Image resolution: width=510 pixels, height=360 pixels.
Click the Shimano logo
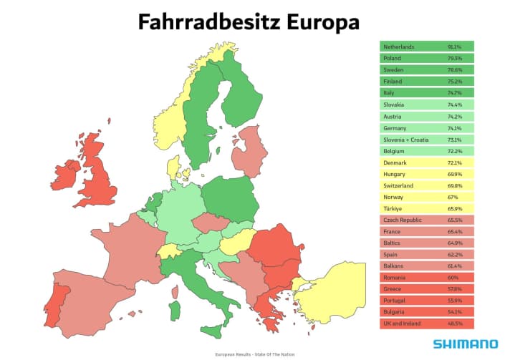466,344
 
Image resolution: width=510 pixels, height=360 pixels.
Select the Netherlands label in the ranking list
399,47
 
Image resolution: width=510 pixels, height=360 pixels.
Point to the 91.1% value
454,47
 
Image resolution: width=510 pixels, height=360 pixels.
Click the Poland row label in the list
393,58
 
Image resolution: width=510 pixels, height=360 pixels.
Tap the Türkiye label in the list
393,208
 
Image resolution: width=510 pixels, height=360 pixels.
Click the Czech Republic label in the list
402,220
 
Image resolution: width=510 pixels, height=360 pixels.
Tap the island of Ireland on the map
65,176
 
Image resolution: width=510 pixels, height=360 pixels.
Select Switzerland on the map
170,251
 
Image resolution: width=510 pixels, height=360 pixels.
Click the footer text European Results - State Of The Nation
254,355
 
